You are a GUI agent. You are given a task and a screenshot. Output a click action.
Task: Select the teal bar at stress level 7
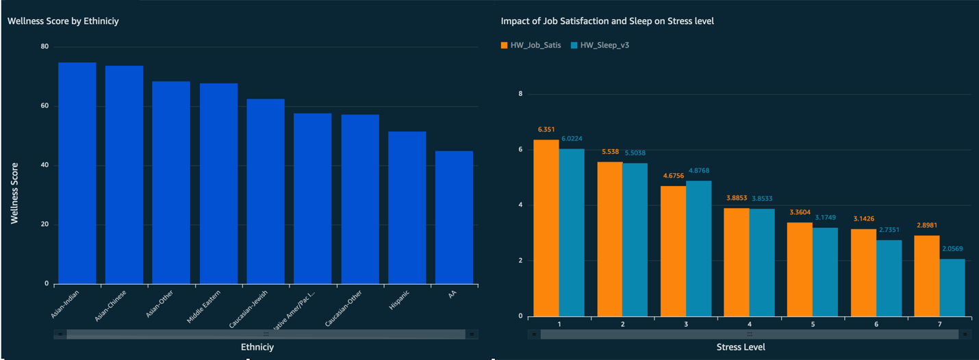coord(952,287)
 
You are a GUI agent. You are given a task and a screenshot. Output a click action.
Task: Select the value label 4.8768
coord(698,171)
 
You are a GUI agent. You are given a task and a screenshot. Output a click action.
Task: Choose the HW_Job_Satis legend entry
coord(531,45)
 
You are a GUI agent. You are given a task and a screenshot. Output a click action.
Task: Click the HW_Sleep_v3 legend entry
coord(600,45)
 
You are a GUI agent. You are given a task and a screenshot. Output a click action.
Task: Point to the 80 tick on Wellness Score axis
coord(44,47)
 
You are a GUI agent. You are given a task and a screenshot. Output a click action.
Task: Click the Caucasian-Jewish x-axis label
coord(249,309)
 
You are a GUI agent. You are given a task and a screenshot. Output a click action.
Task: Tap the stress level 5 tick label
coord(813,323)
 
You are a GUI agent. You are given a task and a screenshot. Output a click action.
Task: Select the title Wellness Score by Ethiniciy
coord(63,21)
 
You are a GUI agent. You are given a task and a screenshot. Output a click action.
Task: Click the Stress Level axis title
coord(741,347)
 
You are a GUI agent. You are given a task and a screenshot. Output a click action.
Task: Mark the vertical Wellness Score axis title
coord(14,194)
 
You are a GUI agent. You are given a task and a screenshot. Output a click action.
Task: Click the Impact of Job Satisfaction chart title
coord(607,21)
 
